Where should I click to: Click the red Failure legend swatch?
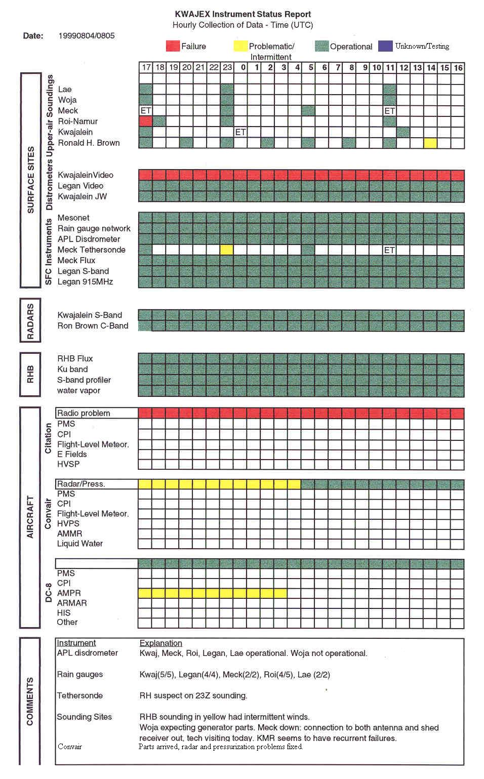pos(173,46)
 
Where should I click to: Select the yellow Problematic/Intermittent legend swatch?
pos(240,46)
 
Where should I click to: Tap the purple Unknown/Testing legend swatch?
pos(385,46)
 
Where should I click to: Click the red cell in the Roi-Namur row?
pos(146,121)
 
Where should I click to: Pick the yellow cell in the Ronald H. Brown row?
pos(430,143)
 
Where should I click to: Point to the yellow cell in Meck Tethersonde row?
pos(227,250)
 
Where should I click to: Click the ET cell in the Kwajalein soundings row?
pos(240,132)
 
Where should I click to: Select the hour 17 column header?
pos(146,67)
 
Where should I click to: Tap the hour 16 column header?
pos(458,67)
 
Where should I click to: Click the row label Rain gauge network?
pos(94,228)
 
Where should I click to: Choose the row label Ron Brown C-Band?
pos(93,325)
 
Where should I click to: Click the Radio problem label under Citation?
pos(84,413)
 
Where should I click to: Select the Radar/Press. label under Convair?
pos(81,484)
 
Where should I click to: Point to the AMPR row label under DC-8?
pos(69,593)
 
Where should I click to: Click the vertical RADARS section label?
pos(30,321)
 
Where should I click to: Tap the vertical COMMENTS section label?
pos(29,701)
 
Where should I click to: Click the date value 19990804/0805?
pos(87,35)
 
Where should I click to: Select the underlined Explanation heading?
pos(160,643)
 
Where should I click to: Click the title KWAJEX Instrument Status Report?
pos(243,14)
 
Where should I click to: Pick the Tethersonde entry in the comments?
pos(79,695)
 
